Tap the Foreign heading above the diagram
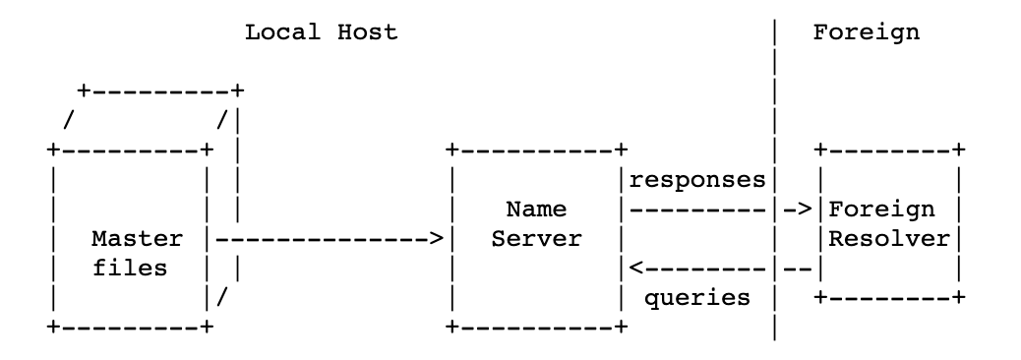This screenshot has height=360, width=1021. pyautogui.click(x=866, y=31)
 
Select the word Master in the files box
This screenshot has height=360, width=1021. pyautogui.click(x=137, y=239)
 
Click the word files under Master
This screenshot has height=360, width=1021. pyautogui.click(x=137, y=269)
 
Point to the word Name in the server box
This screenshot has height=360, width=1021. pyautogui.click(x=532, y=210)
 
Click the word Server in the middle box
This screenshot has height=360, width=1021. pyautogui.click(x=532, y=239)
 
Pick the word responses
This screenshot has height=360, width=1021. pyautogui.click(x=697, y=181)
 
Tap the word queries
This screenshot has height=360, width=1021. pyautogui.click(x=697, y=296)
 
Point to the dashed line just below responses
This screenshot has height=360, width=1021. pyautogui.click(x=697, y=210)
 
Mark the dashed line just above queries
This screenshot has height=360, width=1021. pyautogui.click(x=703, y=268)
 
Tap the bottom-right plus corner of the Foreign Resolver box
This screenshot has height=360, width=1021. pyautogui.click(x=958, y=297)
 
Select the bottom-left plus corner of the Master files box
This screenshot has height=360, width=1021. pyautogui.click(x=52, y=326)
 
